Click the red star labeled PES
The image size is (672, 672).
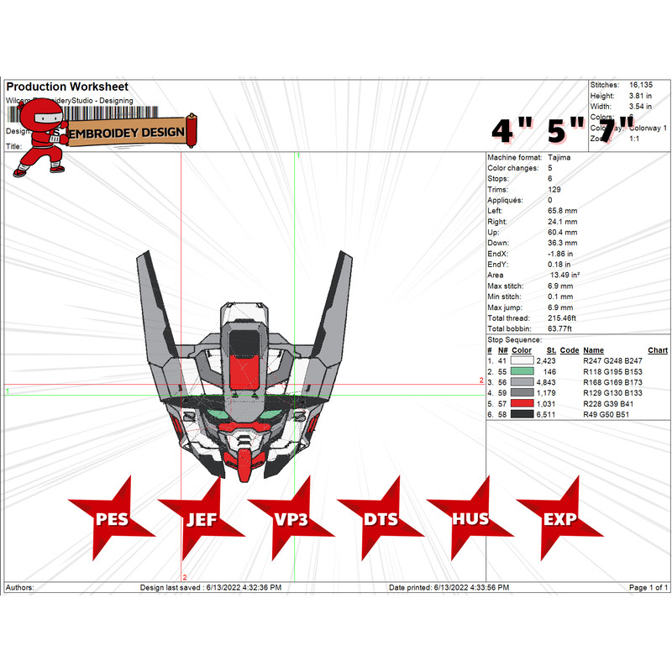112,518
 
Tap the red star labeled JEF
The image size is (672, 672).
202,518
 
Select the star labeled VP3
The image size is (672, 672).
291,518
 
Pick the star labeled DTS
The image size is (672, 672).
381,518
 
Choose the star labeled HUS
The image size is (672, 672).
470,518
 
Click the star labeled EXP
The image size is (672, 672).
560,518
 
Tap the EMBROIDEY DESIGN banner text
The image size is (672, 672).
126,133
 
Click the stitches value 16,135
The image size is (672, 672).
640,85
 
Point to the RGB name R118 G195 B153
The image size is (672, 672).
612,370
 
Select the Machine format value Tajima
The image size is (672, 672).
559,157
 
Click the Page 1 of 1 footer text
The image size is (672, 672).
648,587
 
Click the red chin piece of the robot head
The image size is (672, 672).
244,465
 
